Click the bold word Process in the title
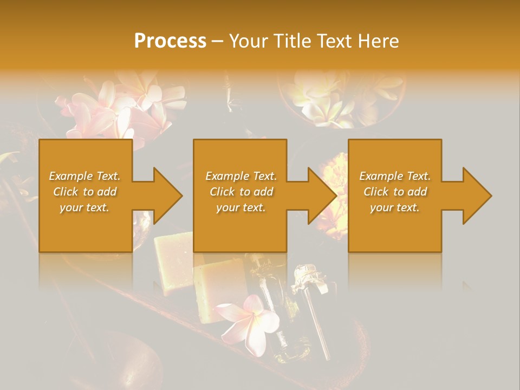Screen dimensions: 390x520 [x=170, y=41]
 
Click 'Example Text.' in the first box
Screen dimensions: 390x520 [x=84, y=176]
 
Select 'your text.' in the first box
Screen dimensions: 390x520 [x=84, y=207]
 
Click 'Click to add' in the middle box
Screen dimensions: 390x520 [x=241, y=192]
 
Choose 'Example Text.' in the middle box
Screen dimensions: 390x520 [x=241, y=176]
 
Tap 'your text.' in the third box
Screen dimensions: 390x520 [x=395, y=207]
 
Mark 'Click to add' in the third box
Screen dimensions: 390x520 [x=395, y=192]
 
